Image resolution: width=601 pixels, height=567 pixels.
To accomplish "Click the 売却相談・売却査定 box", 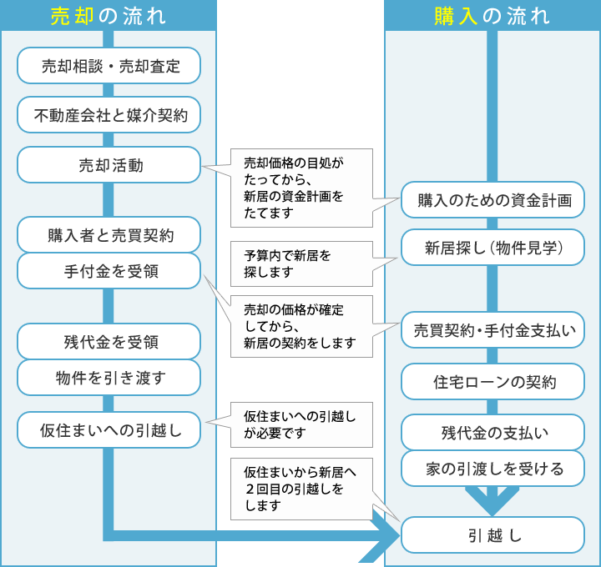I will (109, 66).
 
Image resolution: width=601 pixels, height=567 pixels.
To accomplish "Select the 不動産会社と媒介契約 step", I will (109, 115).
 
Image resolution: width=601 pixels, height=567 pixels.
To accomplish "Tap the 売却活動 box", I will (109, 165).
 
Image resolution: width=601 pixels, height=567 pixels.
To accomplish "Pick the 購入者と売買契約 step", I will (109, 235).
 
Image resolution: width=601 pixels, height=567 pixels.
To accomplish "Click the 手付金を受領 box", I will (109, 271).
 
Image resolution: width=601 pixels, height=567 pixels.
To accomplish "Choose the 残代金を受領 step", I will (109, 341).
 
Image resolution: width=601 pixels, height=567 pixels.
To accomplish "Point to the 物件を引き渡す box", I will (109, 378).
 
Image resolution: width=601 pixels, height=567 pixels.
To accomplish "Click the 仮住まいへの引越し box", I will (109, 430).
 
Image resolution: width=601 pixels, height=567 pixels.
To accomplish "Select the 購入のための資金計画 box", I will (493, 200).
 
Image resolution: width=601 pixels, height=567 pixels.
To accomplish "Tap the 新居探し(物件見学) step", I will (493, 248).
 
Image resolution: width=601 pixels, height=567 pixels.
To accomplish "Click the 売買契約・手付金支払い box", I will (493, 330).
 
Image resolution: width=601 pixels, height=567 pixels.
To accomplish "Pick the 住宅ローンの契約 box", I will (493, 383).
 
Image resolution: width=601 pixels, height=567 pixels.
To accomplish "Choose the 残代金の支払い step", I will (493, 433).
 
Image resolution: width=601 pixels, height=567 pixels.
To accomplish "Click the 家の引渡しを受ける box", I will (493, 469).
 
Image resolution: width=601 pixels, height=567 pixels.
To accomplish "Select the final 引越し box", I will (493, 535).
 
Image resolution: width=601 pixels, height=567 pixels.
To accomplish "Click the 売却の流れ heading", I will (109, 15).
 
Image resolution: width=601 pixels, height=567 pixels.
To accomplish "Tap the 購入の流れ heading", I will (492, 15).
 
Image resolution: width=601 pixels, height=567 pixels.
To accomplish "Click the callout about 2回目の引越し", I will (301, 488).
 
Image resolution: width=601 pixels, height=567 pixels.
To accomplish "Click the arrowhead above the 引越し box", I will (492, 502).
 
